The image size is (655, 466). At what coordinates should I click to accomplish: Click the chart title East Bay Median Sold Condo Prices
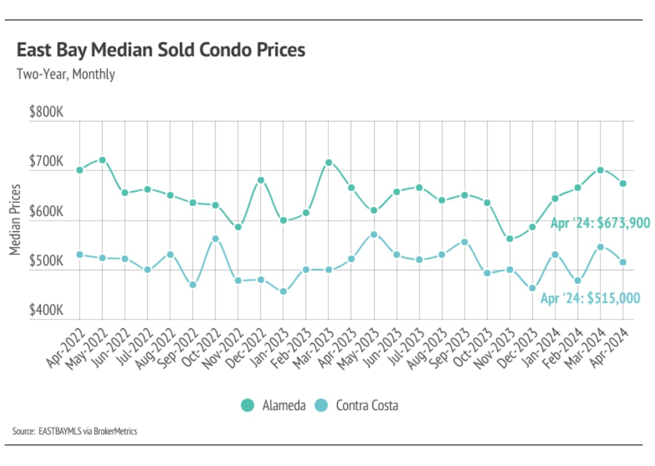tap(161, 50)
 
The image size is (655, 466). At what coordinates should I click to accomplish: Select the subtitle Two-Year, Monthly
tap(66, 74)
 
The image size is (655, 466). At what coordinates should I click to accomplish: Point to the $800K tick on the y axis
tap(47, 113)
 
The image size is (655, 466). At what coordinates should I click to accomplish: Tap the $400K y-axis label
tap(47, 310)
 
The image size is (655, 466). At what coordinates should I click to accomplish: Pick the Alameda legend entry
tap(273, 405)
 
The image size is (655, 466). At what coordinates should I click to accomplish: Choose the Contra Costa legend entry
tap(357, 405)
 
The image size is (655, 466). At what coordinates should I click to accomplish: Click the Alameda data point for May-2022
tap(102, 160)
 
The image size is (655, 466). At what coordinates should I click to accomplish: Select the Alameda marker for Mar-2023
tap(329, 163)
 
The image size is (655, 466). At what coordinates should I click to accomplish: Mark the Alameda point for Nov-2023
tap(510, 239)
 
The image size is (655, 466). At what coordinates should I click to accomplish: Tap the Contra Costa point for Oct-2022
tap(216, 239)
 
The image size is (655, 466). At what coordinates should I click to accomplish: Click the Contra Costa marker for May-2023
tap(374, 234)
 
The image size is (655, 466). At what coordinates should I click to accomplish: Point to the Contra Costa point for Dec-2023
tap(532, 288)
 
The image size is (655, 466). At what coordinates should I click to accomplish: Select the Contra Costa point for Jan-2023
tap(283, 291)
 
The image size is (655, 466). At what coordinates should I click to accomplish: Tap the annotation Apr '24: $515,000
tap(590, 298)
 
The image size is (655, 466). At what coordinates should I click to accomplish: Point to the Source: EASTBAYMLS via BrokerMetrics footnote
tap(75, 431)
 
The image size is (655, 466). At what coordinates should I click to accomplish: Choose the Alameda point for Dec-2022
tap(261, 180)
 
